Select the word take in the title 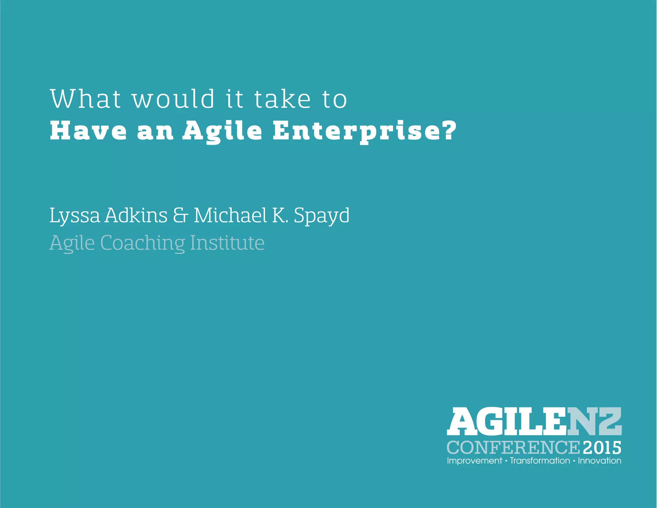coord(283,99)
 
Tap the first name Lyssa coord(75,216)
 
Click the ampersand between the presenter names coord(180,215)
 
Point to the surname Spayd coord(321,216)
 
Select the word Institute coord(227,243)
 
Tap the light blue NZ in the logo coord(594,421)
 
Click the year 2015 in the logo coord(602,448)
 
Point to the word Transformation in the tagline coord(540,461)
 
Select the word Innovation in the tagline coord(600,461)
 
